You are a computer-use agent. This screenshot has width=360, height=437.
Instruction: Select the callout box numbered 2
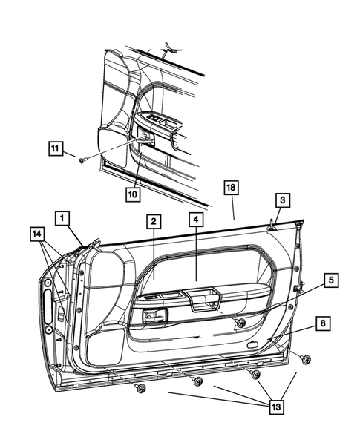point(152,222)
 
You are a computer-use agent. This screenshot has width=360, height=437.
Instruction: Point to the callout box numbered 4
point(195,220)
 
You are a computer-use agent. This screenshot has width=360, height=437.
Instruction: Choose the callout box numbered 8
point(324,323)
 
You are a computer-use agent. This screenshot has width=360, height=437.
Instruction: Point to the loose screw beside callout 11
point(82,159)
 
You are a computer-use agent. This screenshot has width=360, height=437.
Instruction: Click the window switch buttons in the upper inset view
point(160,118)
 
